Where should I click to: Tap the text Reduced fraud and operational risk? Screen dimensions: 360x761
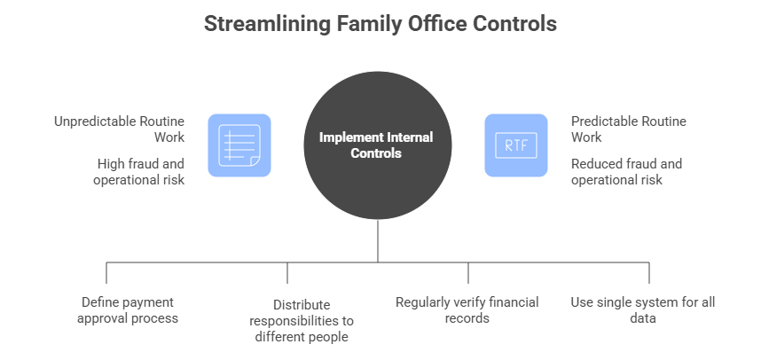coord(626,172)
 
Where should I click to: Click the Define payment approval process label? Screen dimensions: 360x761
coord(129,310)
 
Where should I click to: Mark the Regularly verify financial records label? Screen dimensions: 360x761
coord(467,310)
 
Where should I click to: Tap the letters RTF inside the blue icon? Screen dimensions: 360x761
coord(515,145)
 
